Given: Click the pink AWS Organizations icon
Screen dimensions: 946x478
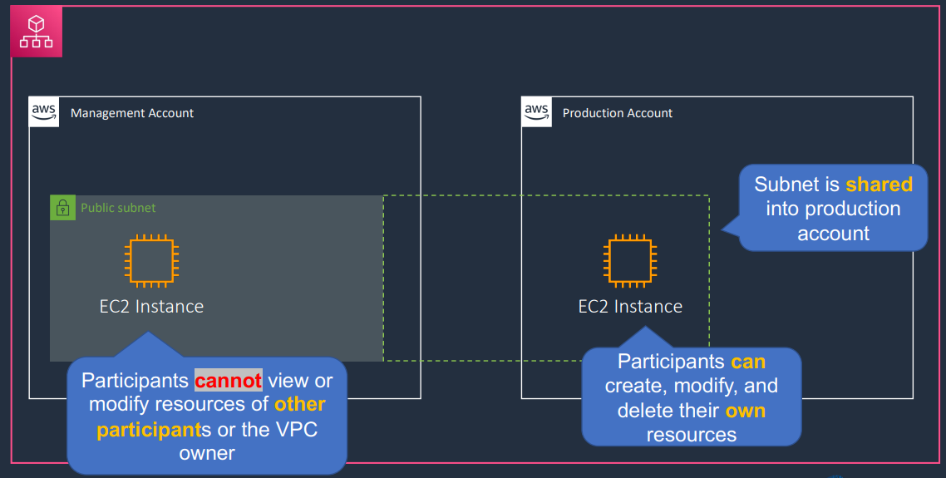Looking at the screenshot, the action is pos(37,32).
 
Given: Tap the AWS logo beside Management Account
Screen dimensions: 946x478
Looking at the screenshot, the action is pos(44,111).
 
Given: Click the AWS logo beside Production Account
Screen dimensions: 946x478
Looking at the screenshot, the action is pos(536,111).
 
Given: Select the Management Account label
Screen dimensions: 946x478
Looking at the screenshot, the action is pos(132,113).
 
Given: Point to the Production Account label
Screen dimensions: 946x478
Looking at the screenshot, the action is pos(617,113).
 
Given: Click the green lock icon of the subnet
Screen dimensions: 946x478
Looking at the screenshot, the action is pos(62,208).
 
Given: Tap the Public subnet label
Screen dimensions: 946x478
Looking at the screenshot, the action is pos(118,208).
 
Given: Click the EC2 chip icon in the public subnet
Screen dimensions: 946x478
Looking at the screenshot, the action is pos(151,261).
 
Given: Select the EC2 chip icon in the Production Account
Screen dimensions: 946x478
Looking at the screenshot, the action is pos(630,261).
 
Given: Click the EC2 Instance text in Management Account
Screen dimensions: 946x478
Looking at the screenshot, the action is pos(151,307).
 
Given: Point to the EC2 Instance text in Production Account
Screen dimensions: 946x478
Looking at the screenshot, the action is pos(630,307).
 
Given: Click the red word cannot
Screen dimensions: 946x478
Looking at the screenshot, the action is pos(228,380).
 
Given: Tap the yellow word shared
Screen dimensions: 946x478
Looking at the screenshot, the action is pos(879,184).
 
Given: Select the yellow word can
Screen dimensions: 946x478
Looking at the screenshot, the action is pos(748,362).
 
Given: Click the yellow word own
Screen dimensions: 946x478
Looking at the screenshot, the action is pos(745,411).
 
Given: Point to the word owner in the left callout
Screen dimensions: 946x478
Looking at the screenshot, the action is pos(206,453).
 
